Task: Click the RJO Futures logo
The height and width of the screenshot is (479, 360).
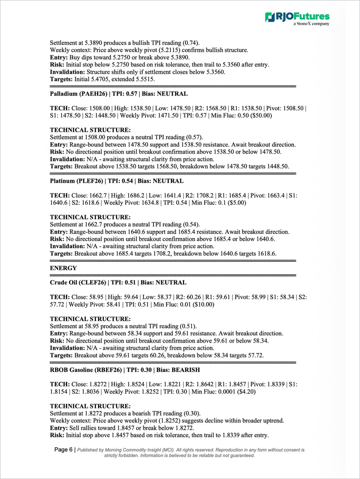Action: point(297,17)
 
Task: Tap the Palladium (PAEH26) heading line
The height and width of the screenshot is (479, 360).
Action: point(118,94)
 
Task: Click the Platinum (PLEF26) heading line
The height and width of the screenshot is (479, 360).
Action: point(117,181)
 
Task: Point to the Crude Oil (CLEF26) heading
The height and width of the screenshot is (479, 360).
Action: point(118,282)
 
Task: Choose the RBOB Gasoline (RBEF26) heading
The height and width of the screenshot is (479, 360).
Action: point(125,370)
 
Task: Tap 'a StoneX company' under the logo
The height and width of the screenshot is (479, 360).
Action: point(311,24)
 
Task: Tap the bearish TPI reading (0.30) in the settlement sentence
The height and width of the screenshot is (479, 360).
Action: point(192,413)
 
